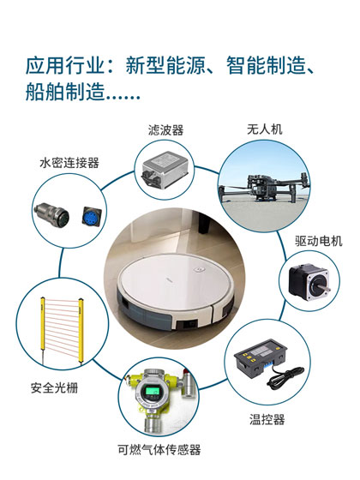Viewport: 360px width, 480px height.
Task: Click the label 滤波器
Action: (166, 130)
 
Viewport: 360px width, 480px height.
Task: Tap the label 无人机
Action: (264, 130)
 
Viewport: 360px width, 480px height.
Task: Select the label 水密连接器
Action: (69, 162)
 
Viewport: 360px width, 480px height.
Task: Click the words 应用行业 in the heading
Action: (62, 65)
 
